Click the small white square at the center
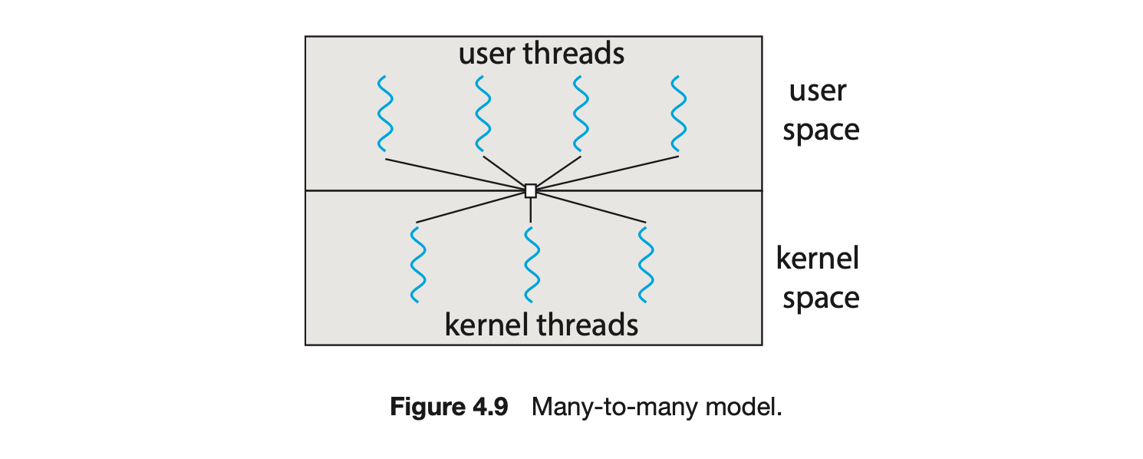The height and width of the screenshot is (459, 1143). tap(530, 191)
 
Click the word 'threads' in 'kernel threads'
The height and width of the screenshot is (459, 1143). tap(588, 325)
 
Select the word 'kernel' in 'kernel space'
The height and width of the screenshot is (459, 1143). tap(818, 259)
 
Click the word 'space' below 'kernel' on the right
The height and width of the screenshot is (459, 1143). tap(821, 298)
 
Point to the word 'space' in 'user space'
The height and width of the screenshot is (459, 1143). tap(821, 130)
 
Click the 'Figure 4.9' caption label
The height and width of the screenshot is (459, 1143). tap(449, 407)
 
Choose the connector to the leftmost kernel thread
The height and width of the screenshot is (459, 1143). tap(472, 207)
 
